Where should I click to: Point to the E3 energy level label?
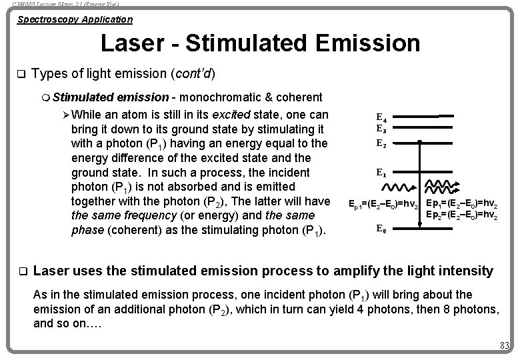coord(382,129)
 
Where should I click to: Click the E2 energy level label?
coord(382,143)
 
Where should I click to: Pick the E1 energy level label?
coord(382,172)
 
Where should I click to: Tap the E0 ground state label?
coord(382,229)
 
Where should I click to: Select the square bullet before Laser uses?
coord(21,272)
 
